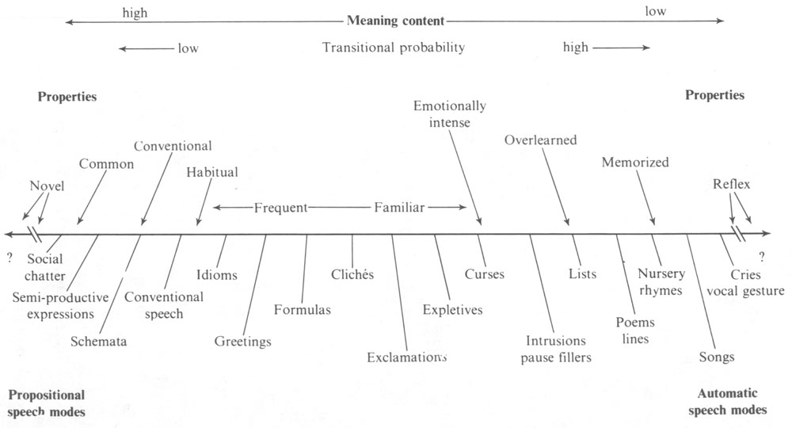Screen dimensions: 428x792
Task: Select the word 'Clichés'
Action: (352, 274)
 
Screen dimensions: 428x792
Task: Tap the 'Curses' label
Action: (485, 274)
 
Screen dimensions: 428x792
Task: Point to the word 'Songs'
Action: (717, 357)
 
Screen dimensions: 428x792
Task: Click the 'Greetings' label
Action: (243, 342)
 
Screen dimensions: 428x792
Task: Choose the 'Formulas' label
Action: (303, 309)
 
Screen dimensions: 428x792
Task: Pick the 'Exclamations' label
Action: (403, 357)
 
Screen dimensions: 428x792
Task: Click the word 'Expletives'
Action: (452, 309)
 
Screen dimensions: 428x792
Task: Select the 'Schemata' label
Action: (99, 342)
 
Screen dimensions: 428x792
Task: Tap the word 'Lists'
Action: (582, 274)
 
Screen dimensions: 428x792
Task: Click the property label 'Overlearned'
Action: (540, 140)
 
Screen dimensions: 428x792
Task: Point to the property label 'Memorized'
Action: (635, 162)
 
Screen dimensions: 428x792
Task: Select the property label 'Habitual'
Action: (212, 172)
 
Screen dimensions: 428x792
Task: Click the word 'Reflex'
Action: (731, 185)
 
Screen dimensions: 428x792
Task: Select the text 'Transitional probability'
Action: (394, 48)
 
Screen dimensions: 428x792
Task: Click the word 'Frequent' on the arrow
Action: (280, 208)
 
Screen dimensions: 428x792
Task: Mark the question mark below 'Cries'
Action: (762, 256)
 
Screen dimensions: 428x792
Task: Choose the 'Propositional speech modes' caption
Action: (46, 402)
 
